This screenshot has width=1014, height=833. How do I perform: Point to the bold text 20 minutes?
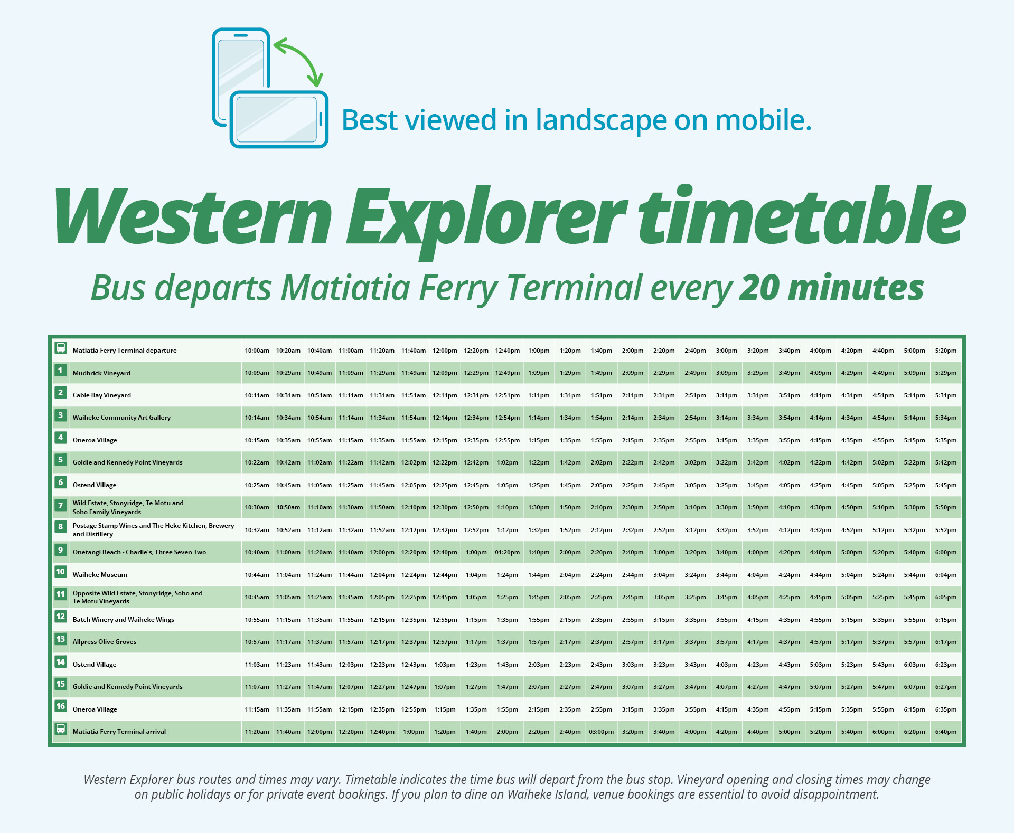[831, 288]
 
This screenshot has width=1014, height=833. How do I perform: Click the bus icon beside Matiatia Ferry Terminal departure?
[61, 348]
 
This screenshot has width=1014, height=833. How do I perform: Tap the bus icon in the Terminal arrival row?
[61, 730]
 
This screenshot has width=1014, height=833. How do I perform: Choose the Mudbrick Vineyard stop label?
[101, 373]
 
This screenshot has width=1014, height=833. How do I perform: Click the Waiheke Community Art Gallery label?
[121, 418]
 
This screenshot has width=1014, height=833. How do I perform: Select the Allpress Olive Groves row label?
[105, 642]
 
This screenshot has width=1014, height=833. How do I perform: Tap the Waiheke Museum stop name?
[100, 575]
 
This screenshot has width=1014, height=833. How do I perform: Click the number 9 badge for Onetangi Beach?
[61, 550]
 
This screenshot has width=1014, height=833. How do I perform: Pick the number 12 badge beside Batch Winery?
[61, 617]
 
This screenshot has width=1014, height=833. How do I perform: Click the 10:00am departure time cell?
[257, 351]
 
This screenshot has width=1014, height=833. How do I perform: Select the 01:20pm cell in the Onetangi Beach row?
[507, 552]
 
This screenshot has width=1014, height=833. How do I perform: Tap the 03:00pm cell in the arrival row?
[601, 732]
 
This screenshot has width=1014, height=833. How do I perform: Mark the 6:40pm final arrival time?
[945, 732]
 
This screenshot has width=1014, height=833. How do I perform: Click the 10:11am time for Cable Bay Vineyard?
[257, 395]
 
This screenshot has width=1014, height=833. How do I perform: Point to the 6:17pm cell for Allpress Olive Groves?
[945, 642]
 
